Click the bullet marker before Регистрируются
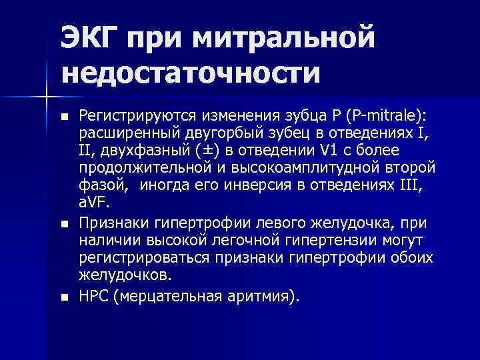coord(64,118)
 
